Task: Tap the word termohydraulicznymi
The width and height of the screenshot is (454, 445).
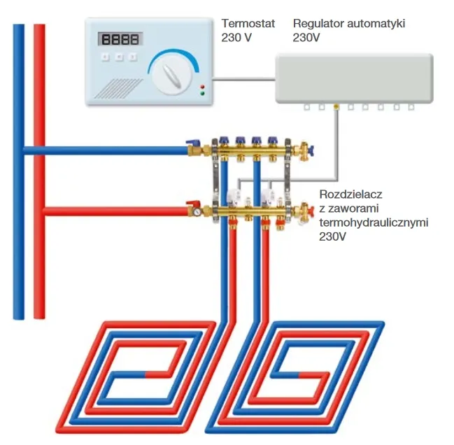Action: (x=373, y=222)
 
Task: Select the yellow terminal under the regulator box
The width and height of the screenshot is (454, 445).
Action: (x=336, y=107)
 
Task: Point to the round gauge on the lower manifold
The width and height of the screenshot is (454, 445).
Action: (x=199, y=209)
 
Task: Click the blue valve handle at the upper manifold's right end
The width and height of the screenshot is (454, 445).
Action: (x=311, y=148)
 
